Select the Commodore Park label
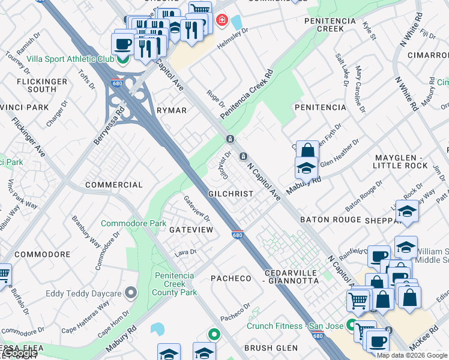click(x=133, y=223)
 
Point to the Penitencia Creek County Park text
click(x=175, y=284)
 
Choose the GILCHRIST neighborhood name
click(x=231, y=194)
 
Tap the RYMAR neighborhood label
click(x=172, y=110)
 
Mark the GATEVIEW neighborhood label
click(x=191, y=230)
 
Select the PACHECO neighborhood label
click(x=231, y=278)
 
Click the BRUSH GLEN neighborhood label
click(x=271, y=348)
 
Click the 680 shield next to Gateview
click(x=237, y=235)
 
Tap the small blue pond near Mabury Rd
click(x=157, y=328)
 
